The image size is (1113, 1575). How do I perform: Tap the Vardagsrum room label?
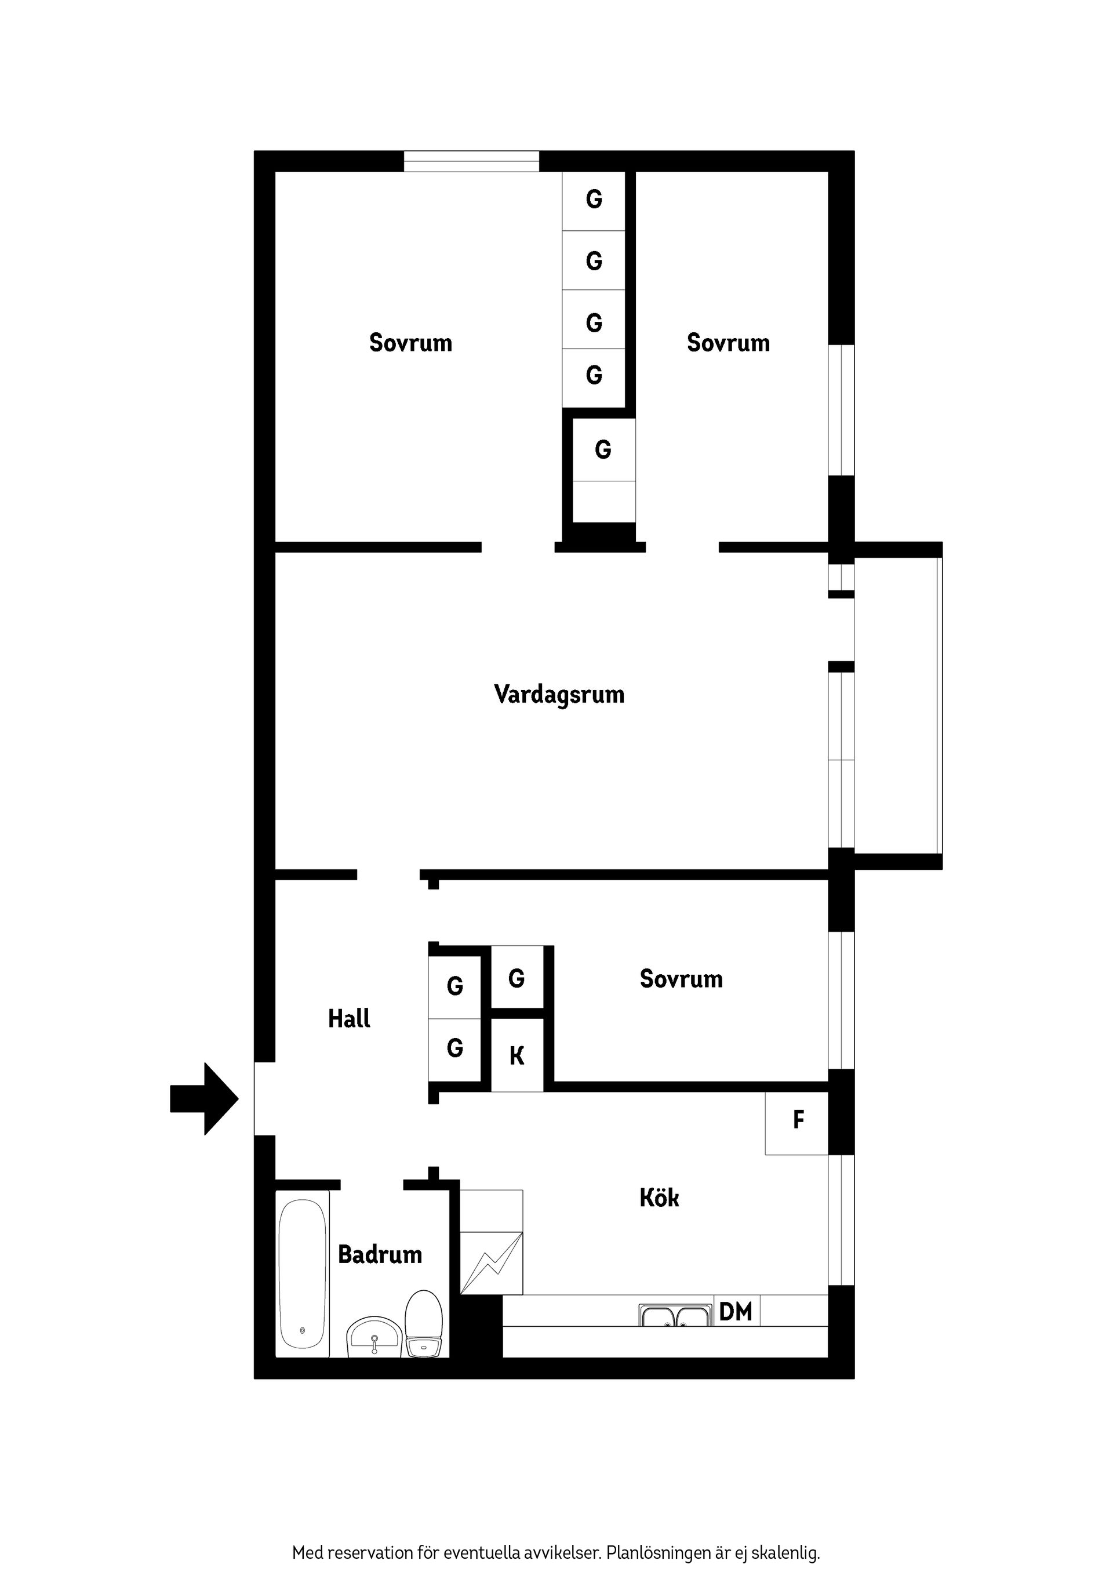click(559, 694)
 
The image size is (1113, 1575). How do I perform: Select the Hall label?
click(349, 1019)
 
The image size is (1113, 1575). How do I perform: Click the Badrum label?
click(380, 1255)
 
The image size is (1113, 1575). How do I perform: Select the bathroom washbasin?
click(374, 1336)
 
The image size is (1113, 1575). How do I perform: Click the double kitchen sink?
click(675, 1315)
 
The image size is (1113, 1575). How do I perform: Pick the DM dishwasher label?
click(736, 1312)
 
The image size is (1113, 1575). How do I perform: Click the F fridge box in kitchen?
click(798, 1120)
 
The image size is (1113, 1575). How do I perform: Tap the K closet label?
click(517, 1057)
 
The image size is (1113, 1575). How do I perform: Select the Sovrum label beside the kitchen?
click(681, 979)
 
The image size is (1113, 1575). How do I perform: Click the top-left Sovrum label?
click(411, 342)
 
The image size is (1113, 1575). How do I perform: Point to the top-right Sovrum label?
click(728, 342)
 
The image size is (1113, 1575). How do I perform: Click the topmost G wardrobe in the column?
click(594, 199)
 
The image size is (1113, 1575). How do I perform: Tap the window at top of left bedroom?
click(471, 161)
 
